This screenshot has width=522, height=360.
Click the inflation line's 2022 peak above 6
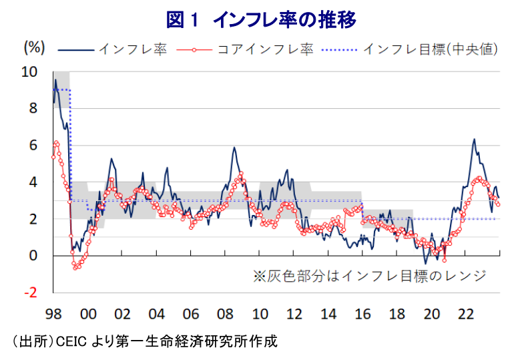473,140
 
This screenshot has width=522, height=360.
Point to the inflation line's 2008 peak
234,148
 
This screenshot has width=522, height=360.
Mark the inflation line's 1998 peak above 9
55,80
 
